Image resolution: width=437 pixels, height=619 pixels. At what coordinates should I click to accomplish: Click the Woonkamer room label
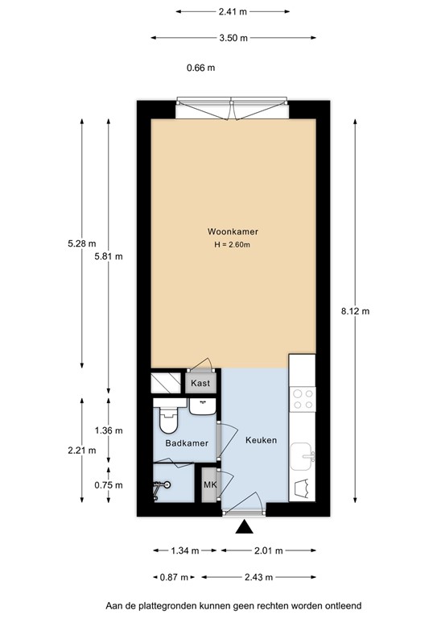[x=232, y=232]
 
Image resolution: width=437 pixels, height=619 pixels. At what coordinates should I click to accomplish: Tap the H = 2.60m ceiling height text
[x=232, y=245]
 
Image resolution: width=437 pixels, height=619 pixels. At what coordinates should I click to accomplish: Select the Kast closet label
[x=201, y=383]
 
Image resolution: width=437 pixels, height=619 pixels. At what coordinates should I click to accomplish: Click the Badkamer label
[x=187, y=443]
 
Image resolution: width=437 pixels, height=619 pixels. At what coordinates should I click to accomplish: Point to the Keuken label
[x=262, y=440]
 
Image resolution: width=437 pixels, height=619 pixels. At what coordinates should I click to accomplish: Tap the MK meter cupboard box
[x=209, y=484]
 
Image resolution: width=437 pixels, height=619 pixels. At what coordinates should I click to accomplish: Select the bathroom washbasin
[x=201, y=407]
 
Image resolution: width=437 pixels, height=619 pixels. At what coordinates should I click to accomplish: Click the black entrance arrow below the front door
[x=244, y=529]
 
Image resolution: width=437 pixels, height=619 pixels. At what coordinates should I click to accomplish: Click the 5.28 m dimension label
[x=82, y=244]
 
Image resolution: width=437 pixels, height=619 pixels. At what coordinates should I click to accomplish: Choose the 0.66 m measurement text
[x=200, y=68]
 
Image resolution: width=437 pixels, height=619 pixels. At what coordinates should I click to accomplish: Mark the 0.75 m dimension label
[x=109, y=485]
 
